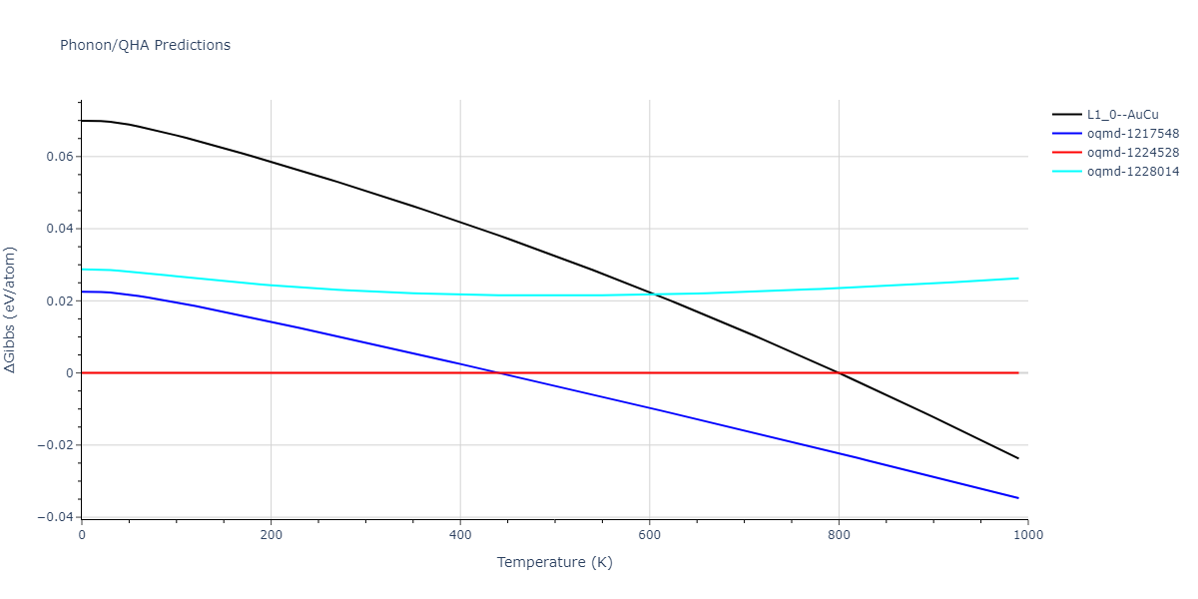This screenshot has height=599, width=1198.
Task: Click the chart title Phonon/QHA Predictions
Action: click(145, 45)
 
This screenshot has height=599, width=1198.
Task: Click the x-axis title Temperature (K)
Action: click(554, 562)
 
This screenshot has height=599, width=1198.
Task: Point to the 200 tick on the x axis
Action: click(271, 535)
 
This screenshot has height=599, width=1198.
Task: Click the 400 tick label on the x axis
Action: click(460, 535)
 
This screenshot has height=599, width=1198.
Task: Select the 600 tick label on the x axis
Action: click(649, 535)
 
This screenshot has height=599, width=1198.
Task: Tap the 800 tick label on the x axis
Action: click(839, 535)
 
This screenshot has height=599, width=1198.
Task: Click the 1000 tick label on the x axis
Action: click(1027, 535)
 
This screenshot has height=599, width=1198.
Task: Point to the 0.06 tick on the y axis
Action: click(60, 157)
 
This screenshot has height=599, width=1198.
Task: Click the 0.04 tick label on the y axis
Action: click(60, 229)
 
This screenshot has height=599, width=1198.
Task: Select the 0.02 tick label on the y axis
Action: click(60, 300)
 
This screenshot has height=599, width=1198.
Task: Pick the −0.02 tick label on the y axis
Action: click(56, 445)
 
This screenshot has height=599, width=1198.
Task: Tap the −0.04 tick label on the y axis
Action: click(56, 517)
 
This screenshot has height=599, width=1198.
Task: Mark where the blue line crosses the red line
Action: click(500, 372)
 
